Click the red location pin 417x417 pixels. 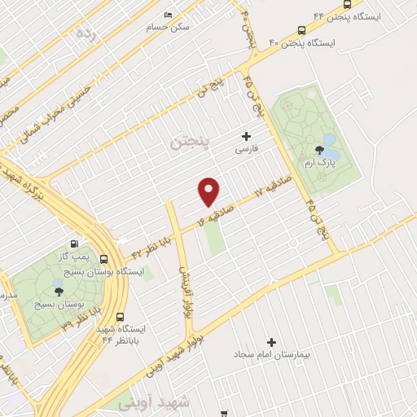click(210, 191)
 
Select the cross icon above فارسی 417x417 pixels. click(246, 136)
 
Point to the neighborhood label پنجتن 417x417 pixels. click(189, 143)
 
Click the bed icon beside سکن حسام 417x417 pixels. click(168, 15)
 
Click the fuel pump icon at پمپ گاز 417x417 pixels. click(75, 244)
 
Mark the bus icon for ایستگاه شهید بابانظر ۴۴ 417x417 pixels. click(121, 317)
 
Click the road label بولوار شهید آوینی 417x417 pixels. click(175, 352)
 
